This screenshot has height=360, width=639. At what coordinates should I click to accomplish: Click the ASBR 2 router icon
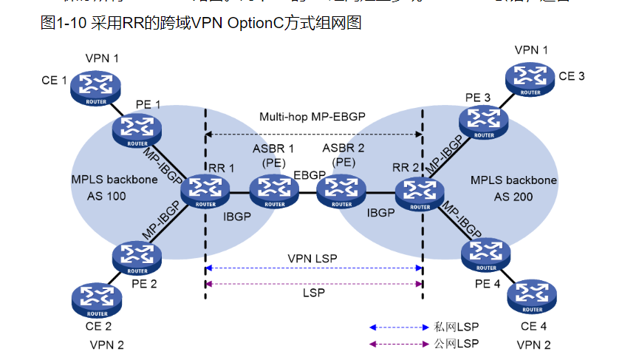[341, 192]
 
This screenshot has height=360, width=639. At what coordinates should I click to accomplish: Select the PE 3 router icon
[484, 121]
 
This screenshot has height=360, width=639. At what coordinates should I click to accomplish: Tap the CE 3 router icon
[530, 78]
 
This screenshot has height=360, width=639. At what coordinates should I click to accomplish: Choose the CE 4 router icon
[532, 297]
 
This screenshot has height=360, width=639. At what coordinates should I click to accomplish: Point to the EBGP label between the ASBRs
[309, 175]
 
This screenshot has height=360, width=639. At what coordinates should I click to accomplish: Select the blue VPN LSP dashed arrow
[313, 268]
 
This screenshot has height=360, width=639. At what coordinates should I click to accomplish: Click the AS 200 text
[513, 197]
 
